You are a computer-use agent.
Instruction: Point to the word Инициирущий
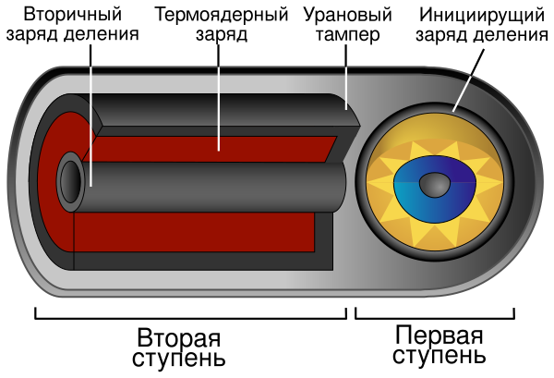tap(478, 16)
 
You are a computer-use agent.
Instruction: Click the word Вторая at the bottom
tap(178, 335)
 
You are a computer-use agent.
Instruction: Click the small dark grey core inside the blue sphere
tap(431, 186)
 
